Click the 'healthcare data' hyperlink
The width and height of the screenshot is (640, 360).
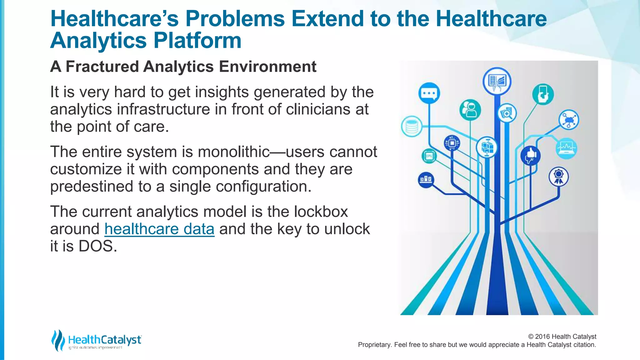click(159, 229)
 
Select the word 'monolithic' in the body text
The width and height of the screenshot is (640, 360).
click(233, 152)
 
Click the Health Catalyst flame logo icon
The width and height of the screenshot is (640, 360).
click(57, 340)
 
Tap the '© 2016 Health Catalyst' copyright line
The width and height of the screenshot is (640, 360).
click(562, 337)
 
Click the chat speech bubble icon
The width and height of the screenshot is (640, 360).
click(429, 93)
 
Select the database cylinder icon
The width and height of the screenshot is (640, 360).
click(412, 127)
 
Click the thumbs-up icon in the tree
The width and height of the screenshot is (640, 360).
click(530, 155)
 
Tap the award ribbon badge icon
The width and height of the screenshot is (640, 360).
click(558, 177)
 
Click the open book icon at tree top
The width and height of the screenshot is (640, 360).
click(497, 81)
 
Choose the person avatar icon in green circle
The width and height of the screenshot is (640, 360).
click(470, 110)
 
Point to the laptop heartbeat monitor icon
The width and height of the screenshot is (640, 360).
click(567, 148)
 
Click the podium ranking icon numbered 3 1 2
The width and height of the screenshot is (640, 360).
click(426, 180)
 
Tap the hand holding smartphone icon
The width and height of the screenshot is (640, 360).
click(543, 94)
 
